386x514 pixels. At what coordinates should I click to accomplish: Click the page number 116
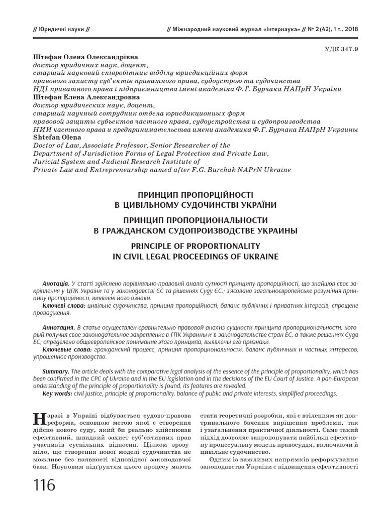[x=45, y=486]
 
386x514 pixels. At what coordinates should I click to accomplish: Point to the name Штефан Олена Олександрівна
[x=85, y=57]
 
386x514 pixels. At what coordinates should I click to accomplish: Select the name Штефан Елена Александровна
[x=86, y=97]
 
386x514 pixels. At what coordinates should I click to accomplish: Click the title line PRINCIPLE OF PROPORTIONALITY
[x=196, y=246]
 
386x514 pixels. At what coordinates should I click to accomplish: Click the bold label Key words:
[x=57, y=394]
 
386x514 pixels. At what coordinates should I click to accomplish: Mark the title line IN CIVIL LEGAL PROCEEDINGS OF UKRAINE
[x=196, y=256]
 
